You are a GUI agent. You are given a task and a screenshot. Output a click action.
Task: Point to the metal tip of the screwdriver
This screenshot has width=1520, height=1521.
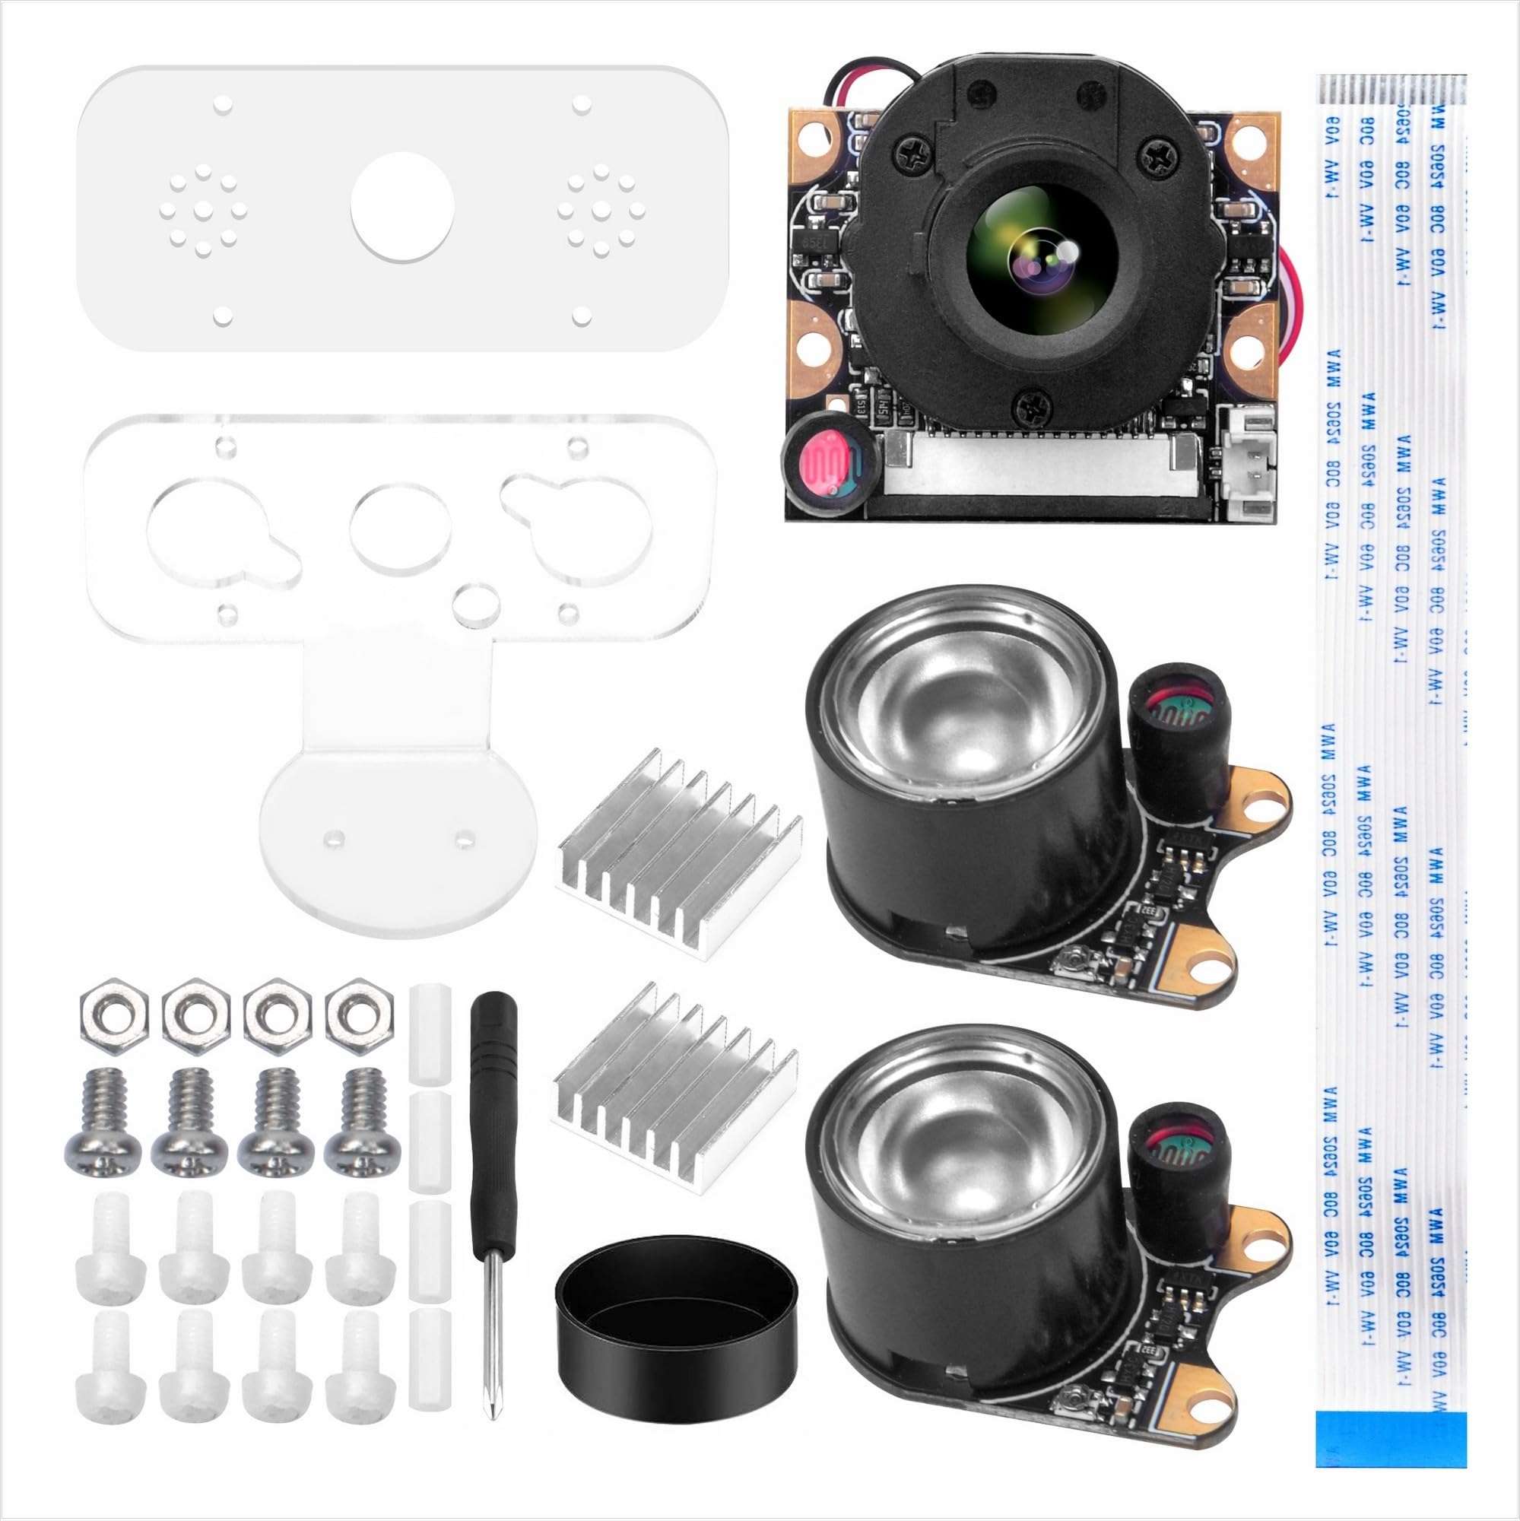(x=490, y=1330)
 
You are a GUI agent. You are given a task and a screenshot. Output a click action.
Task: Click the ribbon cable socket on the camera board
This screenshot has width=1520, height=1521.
(x=1039, y=468)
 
